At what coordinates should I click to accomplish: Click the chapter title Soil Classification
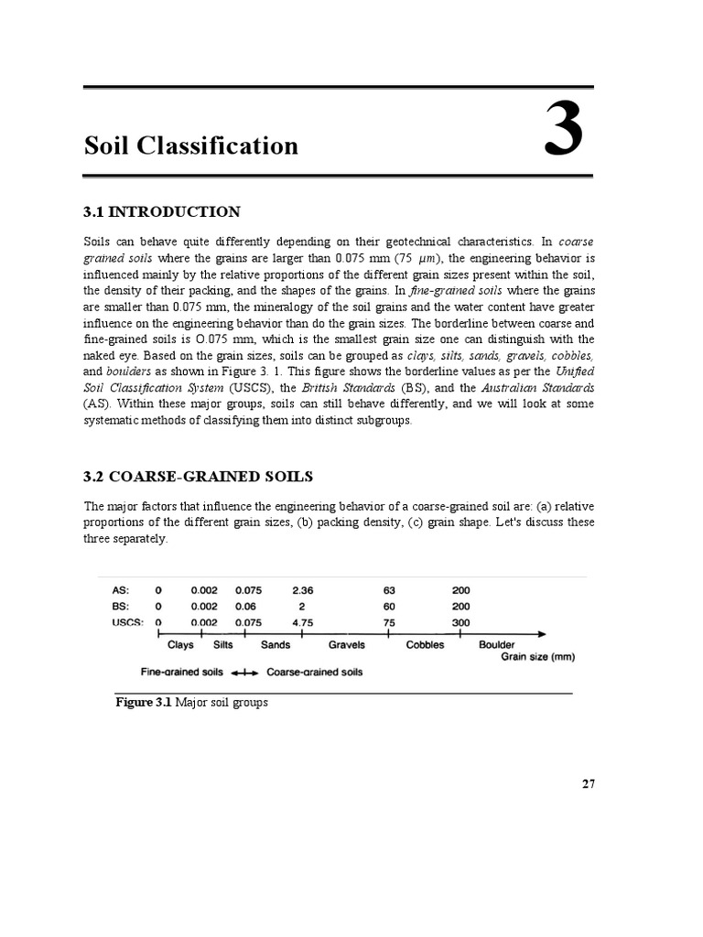click(x=191, y=145)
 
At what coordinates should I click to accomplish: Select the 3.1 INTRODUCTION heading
click(x=162, y=212)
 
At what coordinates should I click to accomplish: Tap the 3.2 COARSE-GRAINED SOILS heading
click(x=198, y=477)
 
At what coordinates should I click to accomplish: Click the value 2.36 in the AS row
click(x=302, y=590)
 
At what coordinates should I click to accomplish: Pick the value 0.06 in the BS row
click(x=248, y=606)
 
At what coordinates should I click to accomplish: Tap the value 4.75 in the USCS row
click(x=302, y=622)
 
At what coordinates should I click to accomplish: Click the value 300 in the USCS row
click(x=461, y=622)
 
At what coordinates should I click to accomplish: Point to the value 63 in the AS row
click(x=389, y=590)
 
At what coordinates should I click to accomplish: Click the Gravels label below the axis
click(x=347, y=645)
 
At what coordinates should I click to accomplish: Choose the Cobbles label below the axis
click(x=425, y=645)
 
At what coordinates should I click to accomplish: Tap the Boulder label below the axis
click(x=497, y=645)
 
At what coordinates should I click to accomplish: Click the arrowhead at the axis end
click(x=542, y=633)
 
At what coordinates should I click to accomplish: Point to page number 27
click(x=588, y=783)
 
